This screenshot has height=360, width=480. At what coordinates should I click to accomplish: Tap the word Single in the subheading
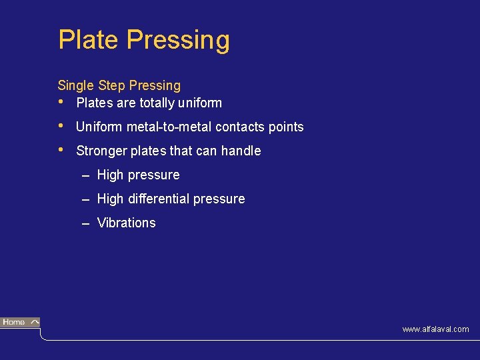(76, 86)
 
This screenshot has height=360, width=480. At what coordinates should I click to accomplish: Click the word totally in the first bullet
(157, 103)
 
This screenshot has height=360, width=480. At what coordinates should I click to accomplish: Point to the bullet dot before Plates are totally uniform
(61, 102)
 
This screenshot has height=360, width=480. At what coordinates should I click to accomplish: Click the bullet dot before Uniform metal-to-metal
(61, 126)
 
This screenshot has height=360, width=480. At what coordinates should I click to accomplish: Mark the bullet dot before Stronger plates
(61, 150)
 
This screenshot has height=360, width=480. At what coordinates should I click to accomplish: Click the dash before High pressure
(86, 175)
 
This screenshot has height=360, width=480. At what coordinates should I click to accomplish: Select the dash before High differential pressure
(86, 199)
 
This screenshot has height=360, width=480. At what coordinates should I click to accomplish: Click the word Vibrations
(127, 223)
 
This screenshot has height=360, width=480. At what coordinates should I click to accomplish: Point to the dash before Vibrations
(86, 223)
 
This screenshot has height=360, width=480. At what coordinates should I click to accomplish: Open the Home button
(20, 323)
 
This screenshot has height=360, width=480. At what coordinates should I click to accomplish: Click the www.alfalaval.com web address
(435, 329)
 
